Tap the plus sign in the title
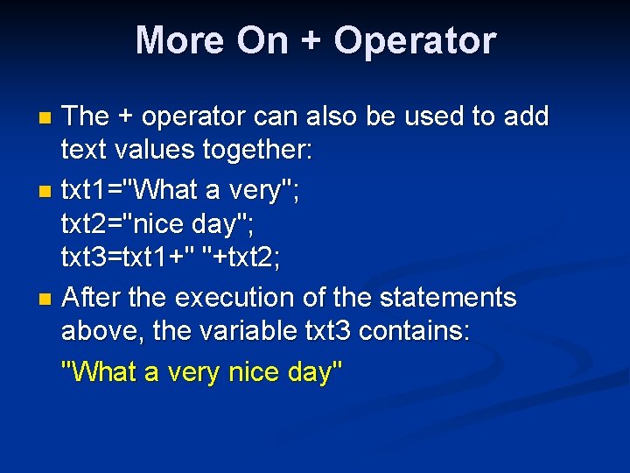310,41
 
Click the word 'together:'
257,151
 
